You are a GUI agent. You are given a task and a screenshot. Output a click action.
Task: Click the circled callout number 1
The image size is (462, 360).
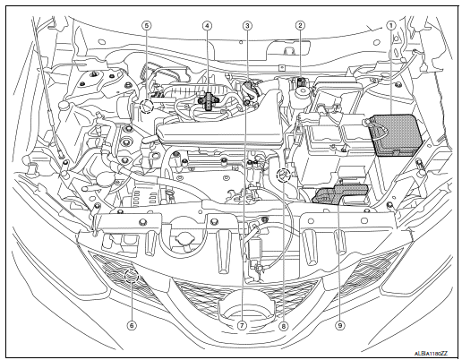(x=390, y=26)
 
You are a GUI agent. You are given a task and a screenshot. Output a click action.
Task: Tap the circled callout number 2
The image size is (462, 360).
(x=301, y=26)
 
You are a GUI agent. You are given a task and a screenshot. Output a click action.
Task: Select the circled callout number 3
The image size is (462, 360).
(x=246, y=26)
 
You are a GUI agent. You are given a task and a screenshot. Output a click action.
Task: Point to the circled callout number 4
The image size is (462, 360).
(x=207, y=26)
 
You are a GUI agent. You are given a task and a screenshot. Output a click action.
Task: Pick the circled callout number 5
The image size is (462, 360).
(x=147, y=26)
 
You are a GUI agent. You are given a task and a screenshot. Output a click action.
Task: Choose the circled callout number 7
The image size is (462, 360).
(x=242, y=326)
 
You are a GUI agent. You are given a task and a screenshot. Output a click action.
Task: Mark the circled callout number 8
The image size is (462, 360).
(x=283, y=326)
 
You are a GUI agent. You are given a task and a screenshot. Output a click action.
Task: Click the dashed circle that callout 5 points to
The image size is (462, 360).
(x=143, y=107)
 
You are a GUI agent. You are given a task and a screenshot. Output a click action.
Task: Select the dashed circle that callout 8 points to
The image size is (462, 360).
(x=283, y=175)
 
